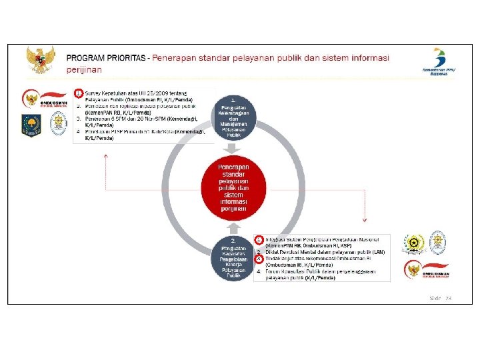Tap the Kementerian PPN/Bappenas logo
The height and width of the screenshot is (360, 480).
438,61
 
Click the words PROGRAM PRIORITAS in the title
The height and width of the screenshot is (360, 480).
107,58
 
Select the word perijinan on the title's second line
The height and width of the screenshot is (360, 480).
84,69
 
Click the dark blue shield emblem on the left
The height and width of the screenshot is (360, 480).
31,125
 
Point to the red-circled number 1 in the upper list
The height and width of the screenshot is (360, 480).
79,93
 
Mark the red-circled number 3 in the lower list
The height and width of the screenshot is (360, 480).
259,258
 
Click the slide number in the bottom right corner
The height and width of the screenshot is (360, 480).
441,298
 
